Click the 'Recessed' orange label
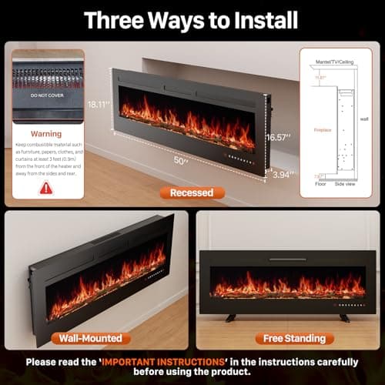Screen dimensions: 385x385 [192, 192]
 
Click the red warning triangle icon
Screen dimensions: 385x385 [46, 187]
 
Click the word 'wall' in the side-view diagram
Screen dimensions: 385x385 [365, 119]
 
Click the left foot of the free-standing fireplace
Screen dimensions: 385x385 [230, 317]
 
